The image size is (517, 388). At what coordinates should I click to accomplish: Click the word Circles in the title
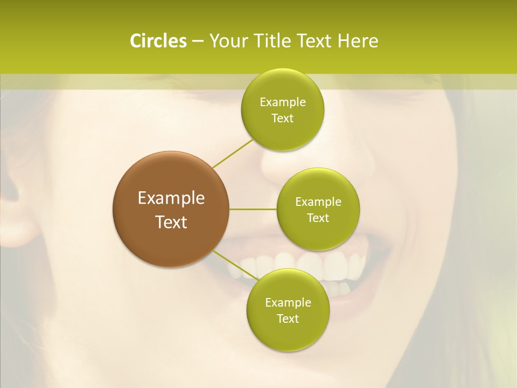click(x=158, y=41)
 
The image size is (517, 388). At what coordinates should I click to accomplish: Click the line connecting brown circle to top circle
click(x=233, y=154)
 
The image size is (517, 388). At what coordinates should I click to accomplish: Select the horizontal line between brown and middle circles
click(x=253, y=209)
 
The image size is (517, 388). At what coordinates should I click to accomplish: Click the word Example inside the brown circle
click(x=171, y=198)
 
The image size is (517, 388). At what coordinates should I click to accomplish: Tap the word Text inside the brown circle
click(x=171, y=222)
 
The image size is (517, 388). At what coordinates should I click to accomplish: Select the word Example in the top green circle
click(x=282, y=102)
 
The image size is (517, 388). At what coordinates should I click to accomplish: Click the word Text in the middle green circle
click(x=318, y=218)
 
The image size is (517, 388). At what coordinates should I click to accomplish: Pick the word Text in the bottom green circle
click(x=288, y=319)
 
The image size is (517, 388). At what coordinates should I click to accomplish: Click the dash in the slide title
click(x=197, y=41)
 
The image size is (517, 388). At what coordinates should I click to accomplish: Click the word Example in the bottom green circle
click(x=288, y=303)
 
